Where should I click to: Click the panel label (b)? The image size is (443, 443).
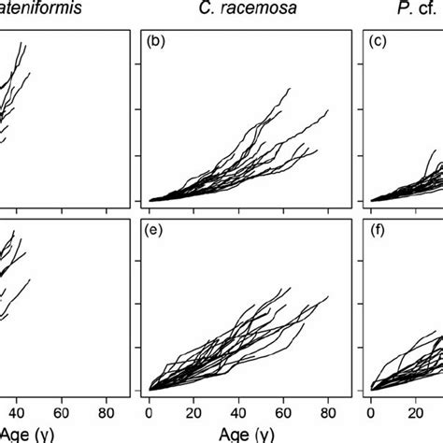point(157,43)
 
